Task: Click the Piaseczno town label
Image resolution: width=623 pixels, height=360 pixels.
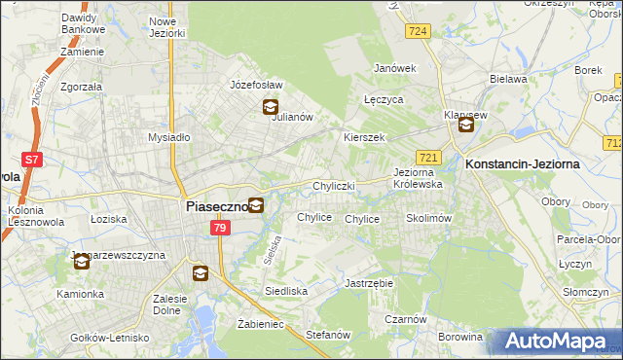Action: pos(215,206)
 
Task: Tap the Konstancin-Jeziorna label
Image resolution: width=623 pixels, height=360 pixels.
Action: pos(523,164)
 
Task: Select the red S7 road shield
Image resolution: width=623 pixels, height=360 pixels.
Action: pos(32,159)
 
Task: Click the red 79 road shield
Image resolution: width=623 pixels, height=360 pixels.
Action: pos(220,228)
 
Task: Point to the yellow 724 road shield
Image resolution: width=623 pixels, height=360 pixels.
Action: pos(419,32)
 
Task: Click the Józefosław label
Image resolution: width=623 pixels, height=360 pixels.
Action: pos(255,85)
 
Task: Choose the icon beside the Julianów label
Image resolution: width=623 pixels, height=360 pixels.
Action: pos(270,108)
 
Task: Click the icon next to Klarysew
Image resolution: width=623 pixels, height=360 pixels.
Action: pos(466,124)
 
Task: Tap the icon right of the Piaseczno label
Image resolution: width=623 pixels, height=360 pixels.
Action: pos(255,205)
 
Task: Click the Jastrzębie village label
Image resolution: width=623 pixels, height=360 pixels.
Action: pos(368,283)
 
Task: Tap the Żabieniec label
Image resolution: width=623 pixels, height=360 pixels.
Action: pos(260,324)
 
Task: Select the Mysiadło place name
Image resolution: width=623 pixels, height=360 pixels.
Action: pos(168,137)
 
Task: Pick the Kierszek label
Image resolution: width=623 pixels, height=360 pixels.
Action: pos(364,137)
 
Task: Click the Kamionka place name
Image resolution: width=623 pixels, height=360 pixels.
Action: pos(80,293)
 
